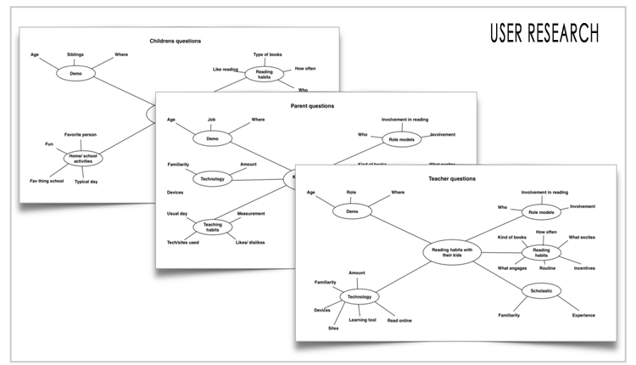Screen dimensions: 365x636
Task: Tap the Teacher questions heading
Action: [x=450, y=178]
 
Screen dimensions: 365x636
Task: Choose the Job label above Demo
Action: [x=211, y=120]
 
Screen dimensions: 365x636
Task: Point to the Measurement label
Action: [x=251, y=213]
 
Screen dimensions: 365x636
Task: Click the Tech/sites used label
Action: [x=183, y=243]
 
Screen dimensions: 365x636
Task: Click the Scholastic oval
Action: [x=541, y=291]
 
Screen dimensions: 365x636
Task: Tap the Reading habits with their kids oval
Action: [x=452, y=253]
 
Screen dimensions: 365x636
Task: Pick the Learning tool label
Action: [x=362, y=321]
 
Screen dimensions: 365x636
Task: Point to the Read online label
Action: [x=400, y=321]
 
